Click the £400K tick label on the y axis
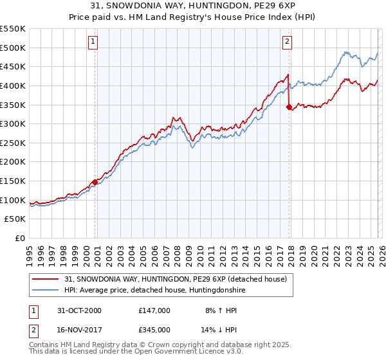(x=12, y=85)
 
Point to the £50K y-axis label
(x=15, y=219)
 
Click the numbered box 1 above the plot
(x=93, y=42)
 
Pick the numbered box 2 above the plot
(x=287, y=42)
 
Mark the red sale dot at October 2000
(x=95, y=182)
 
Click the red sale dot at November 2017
(x=289, y=107)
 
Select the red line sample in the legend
(x=46, y=278)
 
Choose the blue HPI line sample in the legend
(x=46, y=290)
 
